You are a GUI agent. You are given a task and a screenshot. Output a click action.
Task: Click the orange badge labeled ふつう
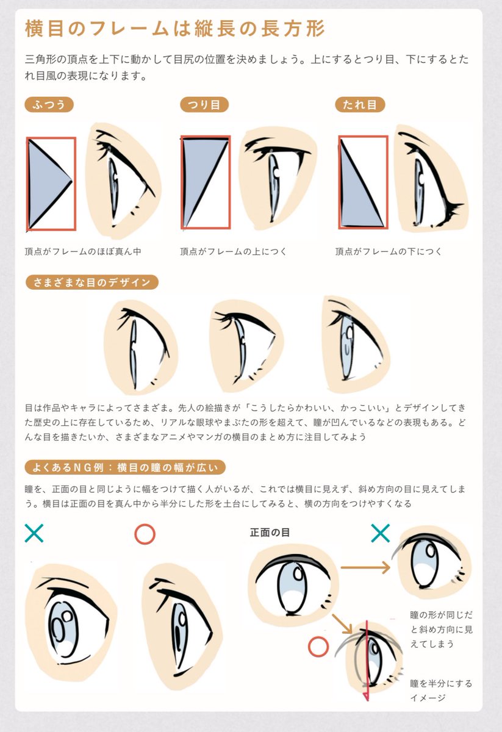coord(49,104)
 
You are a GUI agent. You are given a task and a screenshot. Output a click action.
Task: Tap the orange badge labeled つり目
coord(204,104)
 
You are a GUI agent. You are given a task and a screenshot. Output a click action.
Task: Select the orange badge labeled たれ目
coord(360,104)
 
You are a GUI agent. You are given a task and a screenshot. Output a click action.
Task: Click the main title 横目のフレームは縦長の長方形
coord(174,28)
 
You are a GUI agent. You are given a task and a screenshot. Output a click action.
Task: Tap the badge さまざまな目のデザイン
coord(91,282)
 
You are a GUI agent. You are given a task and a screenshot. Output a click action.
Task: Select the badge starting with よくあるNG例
coord(125,468)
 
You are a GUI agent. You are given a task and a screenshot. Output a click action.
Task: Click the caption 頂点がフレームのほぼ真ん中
coord(87,251)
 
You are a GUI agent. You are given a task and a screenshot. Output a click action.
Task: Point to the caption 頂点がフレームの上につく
coord(233,251)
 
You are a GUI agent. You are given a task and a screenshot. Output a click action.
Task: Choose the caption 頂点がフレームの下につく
coord(389,251)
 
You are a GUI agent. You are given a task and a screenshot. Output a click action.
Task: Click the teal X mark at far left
coord(34,533)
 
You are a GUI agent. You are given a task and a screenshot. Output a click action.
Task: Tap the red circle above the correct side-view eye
coord(145,534)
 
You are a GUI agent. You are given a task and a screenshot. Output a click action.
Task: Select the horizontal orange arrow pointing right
coord(365,569)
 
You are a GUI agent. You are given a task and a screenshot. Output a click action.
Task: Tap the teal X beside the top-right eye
coord(380,534)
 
